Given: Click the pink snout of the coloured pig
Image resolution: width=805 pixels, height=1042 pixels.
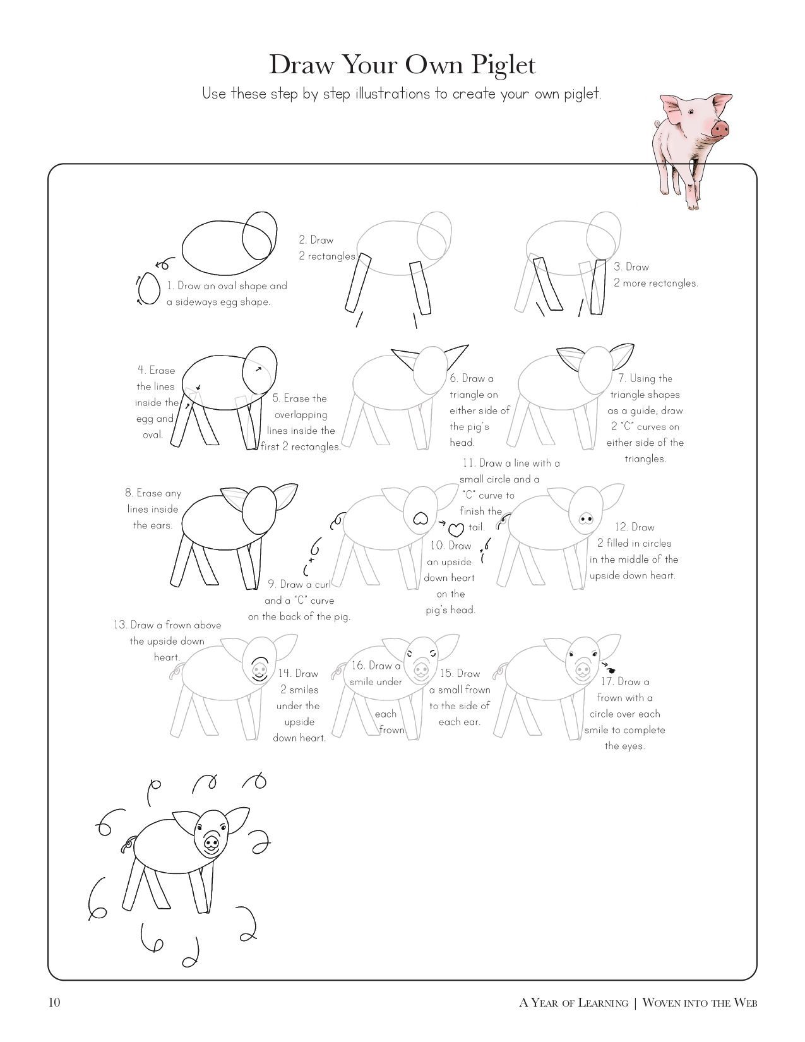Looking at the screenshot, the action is tap(720, 128).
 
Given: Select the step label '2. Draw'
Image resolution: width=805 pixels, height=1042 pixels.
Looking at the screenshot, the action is tap(316, 240).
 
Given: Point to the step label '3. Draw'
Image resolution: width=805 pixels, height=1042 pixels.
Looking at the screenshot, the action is tap(631, 266).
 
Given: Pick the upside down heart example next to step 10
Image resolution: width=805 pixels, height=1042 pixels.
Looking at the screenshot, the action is tap(456, 529).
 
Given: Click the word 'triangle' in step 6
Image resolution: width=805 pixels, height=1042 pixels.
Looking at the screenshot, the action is tap(474, 395).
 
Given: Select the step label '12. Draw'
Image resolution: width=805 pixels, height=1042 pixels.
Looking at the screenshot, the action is tap(635, 527).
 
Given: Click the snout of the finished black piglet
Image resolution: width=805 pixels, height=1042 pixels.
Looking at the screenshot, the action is tap(211, 842).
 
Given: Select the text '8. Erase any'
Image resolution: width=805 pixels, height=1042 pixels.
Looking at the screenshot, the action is tap(153, 493).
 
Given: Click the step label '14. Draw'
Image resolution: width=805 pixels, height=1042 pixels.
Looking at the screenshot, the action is tap(298, 674).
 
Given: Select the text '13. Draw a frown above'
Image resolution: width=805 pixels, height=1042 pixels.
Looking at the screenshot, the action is tap(167, 625).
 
